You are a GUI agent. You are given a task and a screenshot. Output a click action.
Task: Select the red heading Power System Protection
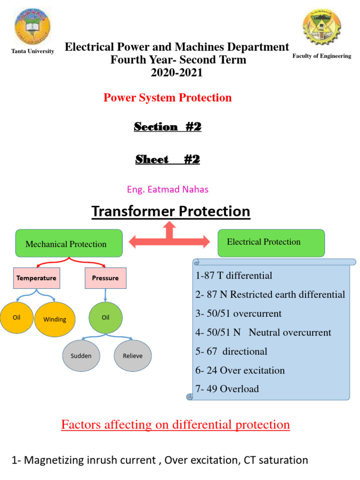(167, 97)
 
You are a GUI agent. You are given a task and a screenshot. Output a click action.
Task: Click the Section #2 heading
(167, 127)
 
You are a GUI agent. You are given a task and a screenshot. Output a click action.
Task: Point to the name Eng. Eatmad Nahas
(167, 189)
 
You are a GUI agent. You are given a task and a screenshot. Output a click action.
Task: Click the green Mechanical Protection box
(69, 243)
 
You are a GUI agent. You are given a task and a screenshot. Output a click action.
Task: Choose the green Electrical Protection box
(271, 242)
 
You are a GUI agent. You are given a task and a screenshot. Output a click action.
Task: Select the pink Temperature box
(36, 278)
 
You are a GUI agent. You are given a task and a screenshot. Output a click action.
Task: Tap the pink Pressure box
(105, 278)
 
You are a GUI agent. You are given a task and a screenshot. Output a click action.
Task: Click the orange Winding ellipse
(55, 319)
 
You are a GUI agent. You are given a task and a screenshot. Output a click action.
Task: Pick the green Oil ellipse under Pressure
(105, 318)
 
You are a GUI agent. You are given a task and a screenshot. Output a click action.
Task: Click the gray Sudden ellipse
(81, 356)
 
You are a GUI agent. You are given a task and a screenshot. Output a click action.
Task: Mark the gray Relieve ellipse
(133, 356)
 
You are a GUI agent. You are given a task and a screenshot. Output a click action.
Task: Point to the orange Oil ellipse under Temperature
(16, 317)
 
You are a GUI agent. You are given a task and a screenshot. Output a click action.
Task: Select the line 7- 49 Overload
(227, 389)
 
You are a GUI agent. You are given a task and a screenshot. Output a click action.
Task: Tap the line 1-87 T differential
(233, 276)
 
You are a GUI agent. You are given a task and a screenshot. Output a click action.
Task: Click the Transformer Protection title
(171, 211)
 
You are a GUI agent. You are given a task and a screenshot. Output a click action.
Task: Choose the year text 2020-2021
(177, 73)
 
